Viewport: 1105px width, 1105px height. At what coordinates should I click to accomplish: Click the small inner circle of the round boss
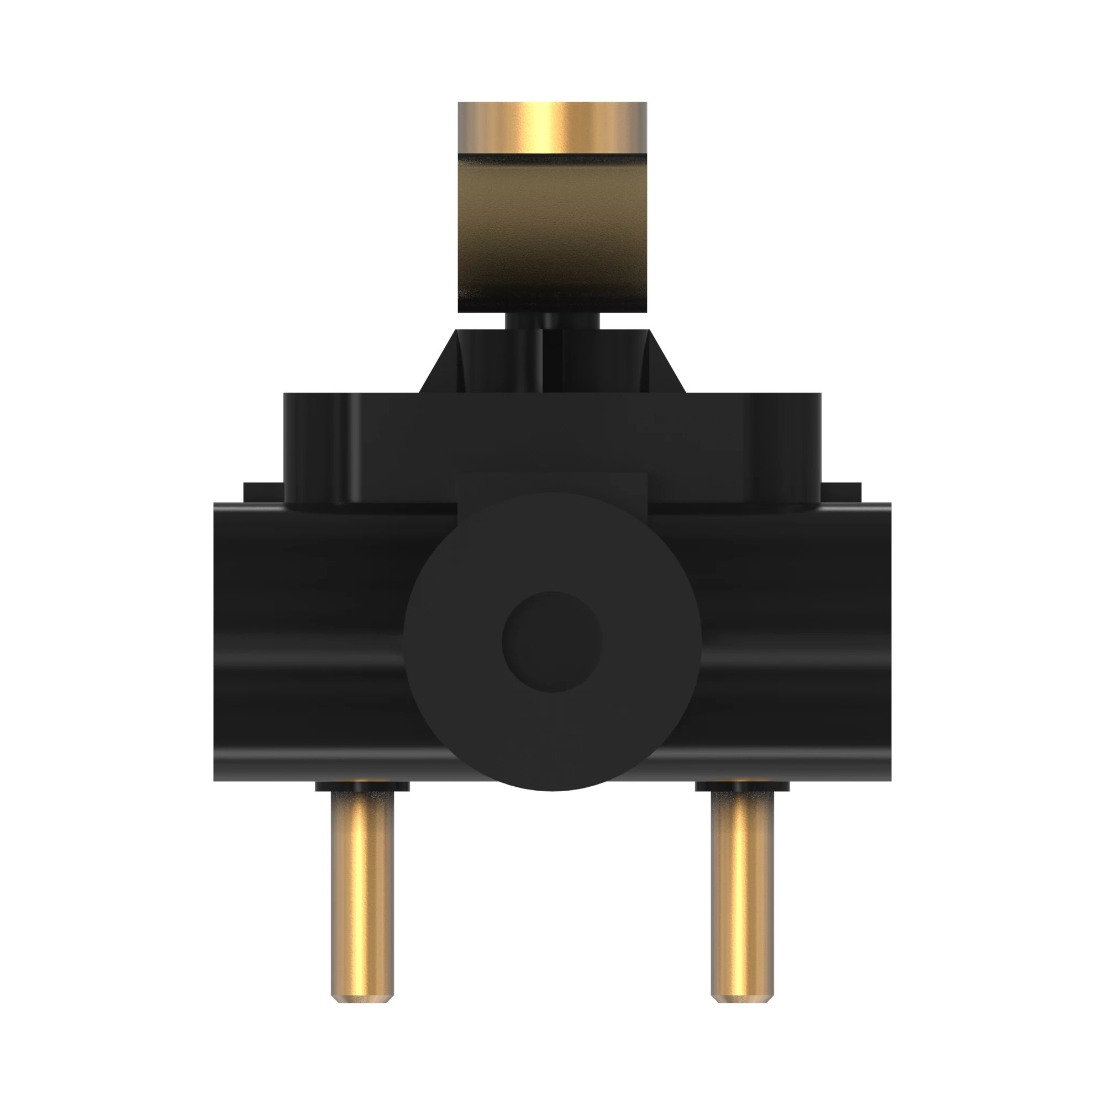[552, 641]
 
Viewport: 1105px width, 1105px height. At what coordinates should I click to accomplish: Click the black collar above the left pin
[362, 787]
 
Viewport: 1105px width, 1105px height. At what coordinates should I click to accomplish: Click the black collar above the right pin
[742, 787]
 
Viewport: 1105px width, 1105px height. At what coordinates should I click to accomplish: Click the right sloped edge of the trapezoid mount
[667, 361]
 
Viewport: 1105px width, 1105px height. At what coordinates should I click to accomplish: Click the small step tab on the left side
[263, 492]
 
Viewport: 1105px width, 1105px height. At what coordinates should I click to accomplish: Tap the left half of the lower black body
[309, 640]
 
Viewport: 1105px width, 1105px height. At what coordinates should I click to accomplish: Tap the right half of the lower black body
[795, 640]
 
